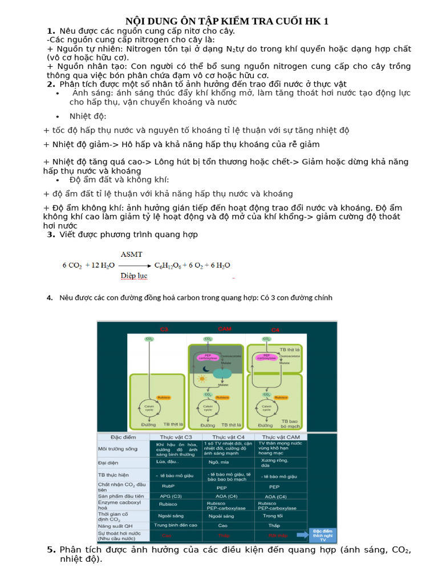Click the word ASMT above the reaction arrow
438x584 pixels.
point(131,254)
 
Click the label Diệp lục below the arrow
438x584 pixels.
point(133,276)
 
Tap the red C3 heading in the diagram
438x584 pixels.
point(164,330)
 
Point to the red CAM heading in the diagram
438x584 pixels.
point(224,329)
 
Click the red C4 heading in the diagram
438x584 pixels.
point(275,330)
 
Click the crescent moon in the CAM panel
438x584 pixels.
point(205,368)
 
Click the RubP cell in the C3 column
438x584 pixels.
point(167,487)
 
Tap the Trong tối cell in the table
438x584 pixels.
point(273,515)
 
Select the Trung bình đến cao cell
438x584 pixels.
point(176,525)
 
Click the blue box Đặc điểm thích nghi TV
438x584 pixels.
point(323,534)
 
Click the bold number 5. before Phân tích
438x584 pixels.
point(51,550)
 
